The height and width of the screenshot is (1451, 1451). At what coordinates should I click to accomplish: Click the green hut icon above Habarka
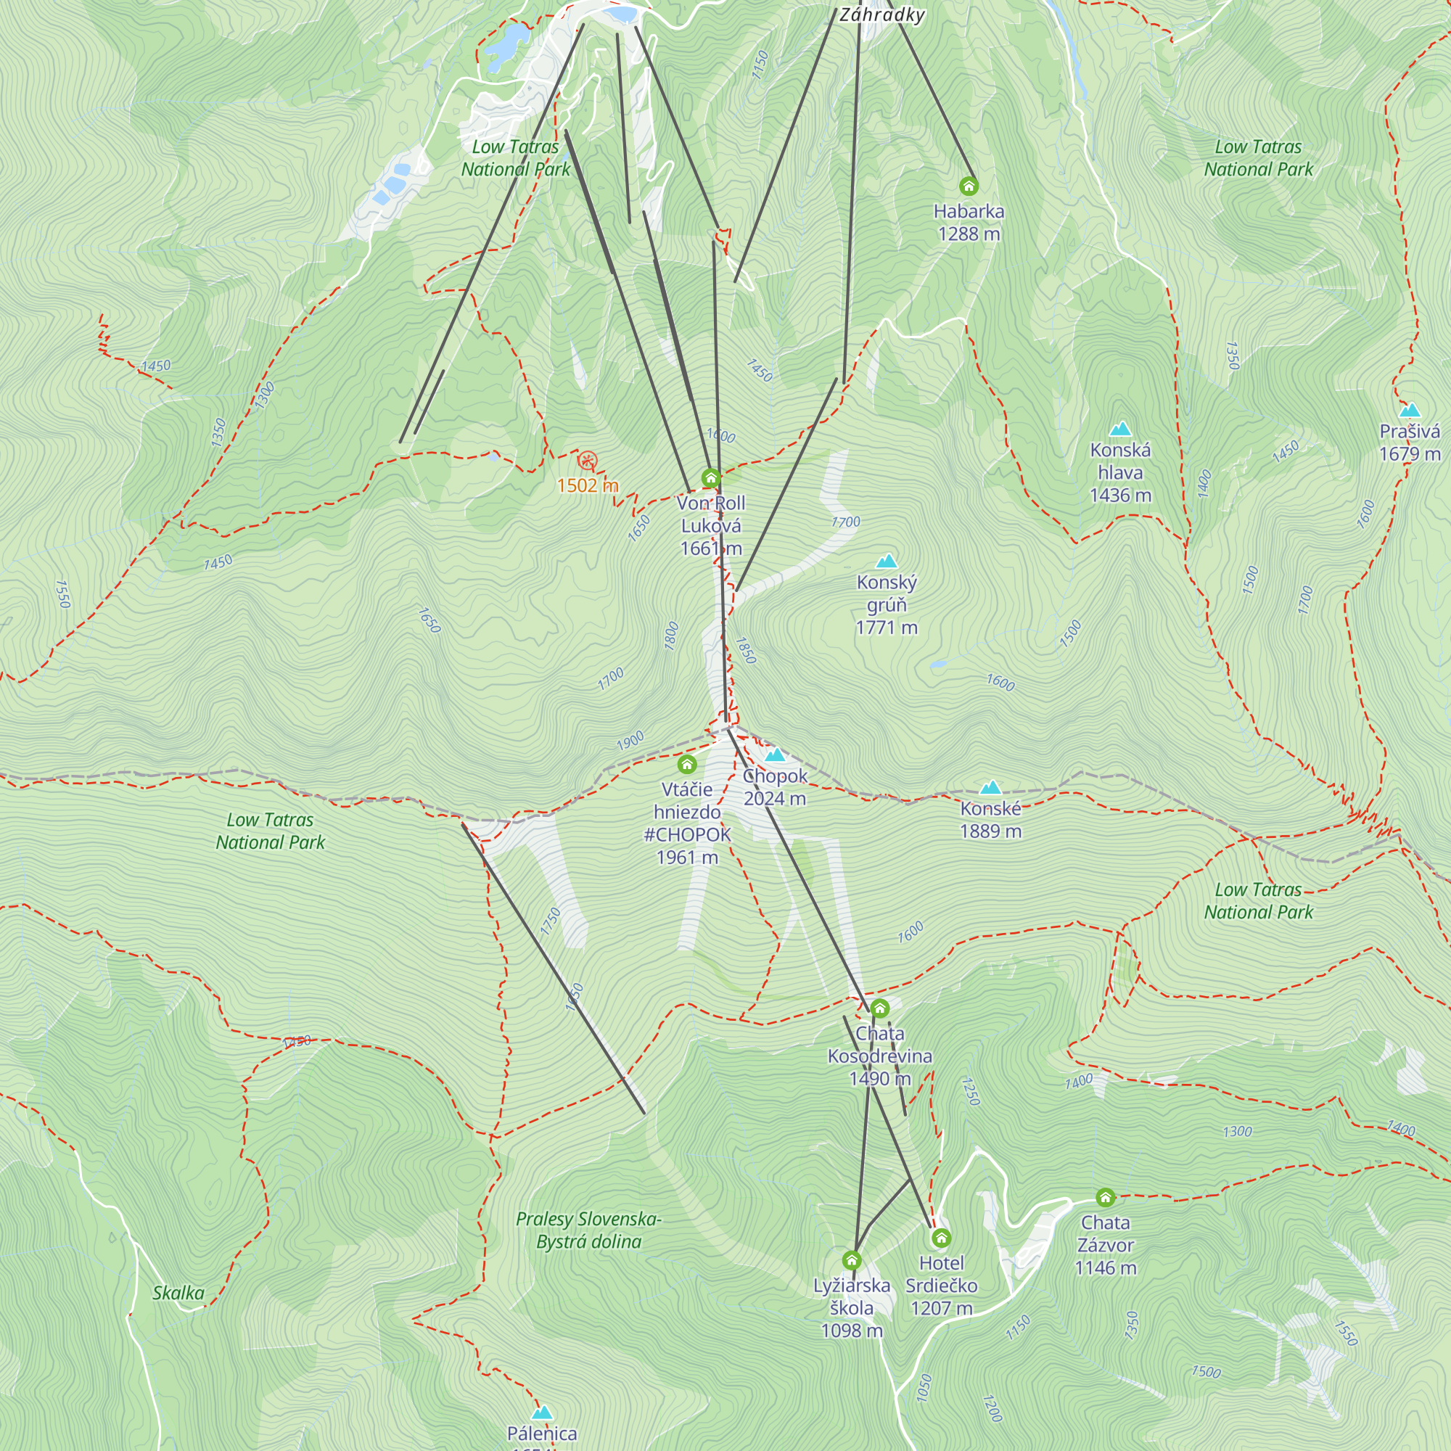(x=968, y=186)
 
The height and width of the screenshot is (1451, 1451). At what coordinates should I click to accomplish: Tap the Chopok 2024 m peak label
(x=774, y=786)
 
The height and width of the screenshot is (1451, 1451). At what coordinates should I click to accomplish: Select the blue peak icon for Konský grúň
(x=887, y=561)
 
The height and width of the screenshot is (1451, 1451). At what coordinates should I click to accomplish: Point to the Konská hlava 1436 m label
(x=1119, y=472)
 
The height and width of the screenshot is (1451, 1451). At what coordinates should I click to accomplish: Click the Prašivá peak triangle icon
(x=1410, y=410)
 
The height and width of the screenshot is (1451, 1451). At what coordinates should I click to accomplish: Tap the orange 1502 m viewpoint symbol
(x=588, y=461)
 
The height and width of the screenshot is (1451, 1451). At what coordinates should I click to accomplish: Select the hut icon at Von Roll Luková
(x=710, y=477)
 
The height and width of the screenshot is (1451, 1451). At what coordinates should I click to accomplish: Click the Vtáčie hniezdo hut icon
(x=686, y=765)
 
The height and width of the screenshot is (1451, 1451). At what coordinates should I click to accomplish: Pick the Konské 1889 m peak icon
(x=990, y=787)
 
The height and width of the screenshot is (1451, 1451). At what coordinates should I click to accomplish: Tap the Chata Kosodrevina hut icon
(x=879, y=1008)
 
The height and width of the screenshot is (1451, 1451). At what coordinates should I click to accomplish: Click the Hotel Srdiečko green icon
(x=941, y=1237)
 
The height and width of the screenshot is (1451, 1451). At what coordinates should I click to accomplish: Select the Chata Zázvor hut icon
(x=1105, y=1196)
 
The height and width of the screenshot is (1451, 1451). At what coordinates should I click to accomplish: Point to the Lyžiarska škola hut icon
(x=851, y=1259)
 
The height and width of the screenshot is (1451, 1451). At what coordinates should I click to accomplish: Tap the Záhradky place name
(x=881, y=15)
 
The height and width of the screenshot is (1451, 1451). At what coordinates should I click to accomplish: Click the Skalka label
(x=178, y=1293)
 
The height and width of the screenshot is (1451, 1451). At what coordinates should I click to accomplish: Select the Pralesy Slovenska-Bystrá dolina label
(x=588, y=1230)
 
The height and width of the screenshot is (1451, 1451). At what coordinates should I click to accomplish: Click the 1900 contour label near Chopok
(x=630, y=741)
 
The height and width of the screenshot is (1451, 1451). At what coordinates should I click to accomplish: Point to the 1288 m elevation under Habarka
(x=968, y=234)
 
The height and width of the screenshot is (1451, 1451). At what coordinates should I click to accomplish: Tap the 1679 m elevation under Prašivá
(x=1410, y=453)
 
